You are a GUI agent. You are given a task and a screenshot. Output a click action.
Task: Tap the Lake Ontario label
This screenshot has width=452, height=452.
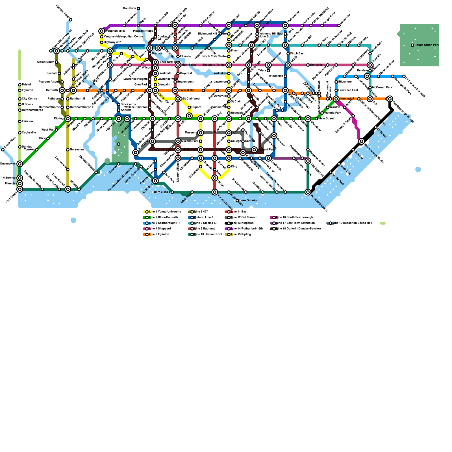[248, 201]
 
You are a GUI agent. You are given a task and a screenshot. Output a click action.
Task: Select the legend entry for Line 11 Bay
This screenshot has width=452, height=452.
[238, 212]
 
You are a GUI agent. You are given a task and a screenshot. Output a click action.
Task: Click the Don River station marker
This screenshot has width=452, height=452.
[138, 8]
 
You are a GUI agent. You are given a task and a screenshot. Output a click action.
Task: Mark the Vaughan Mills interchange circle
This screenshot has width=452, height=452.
[102, 31]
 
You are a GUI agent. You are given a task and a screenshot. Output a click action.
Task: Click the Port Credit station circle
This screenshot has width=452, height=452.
[20, 189]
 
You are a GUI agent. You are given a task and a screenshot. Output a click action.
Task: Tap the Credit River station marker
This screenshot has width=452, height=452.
[3, 150]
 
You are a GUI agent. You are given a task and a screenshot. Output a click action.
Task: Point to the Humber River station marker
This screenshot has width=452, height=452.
[71, 20]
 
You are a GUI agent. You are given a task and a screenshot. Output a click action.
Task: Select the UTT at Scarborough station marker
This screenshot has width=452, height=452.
[404, 76]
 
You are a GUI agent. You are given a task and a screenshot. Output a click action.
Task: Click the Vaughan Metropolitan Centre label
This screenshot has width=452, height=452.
[123, 37]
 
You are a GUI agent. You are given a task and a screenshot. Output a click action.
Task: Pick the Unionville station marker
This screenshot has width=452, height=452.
[339, 25]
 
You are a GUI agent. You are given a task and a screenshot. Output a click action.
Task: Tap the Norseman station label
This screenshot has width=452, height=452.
[77, 150]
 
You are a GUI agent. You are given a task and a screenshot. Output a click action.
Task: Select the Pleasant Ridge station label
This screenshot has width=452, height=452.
[143, 31]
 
